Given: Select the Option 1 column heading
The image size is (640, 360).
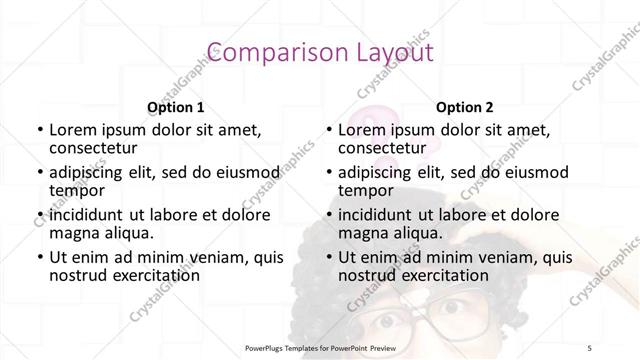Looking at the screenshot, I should tap(176, 108).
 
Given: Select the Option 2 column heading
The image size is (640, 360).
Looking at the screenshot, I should tap(465, 108).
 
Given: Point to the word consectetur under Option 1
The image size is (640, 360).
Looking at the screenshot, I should tap(94, 149).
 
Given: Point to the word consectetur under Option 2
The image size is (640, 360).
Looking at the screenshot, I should tap(383, 149).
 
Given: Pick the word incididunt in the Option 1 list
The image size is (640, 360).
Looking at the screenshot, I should tap(88, 215).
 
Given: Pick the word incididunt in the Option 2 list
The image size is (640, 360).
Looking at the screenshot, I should tap(377, 215).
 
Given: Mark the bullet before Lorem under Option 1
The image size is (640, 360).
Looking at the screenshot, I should tap(39, 130).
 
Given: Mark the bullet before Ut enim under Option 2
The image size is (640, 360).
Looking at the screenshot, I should tap(328, 257).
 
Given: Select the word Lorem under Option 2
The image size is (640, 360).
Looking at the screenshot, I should tap(362, 130).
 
